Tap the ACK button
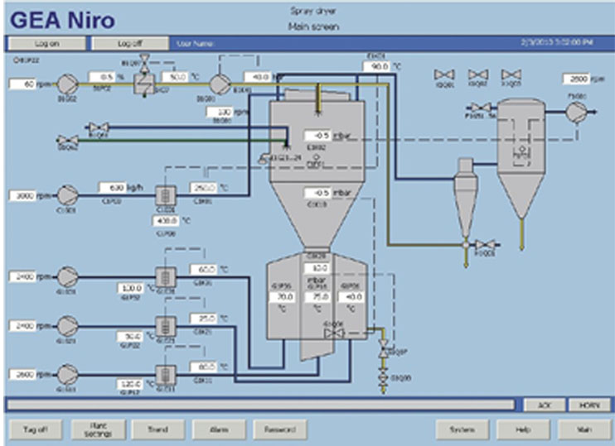(544, 404)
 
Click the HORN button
(588, 404)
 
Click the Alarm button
(219, 429)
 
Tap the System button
(462, 429)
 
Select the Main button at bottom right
(584, 429)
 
